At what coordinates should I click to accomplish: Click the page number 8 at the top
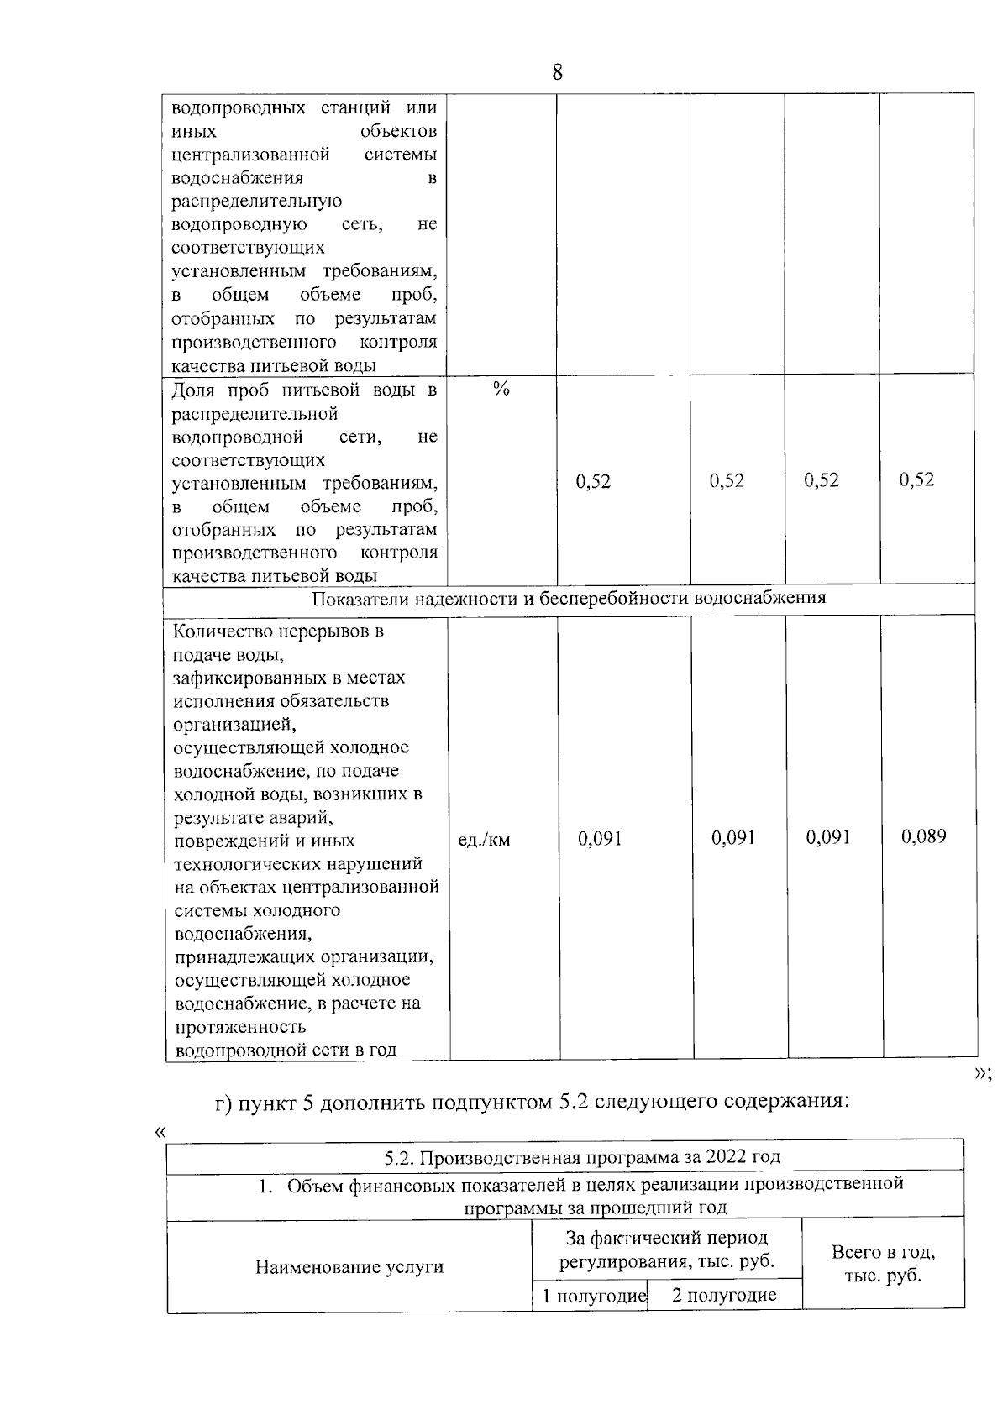[x=557, y=72]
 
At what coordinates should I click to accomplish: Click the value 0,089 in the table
[x=923, y=836]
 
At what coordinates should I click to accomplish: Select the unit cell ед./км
[x=485, y=839]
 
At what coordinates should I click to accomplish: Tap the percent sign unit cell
[x=501, y=389]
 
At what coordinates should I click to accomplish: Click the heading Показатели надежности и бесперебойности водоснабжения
[x=569, y=598]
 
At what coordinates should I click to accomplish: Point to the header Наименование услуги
[x=349, y=1267]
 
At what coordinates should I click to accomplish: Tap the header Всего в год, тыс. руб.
[x=883, y=1264]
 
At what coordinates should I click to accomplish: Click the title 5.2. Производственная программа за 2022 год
[x=582, y=1157]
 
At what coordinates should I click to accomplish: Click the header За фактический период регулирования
[x=667, y=1249]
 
